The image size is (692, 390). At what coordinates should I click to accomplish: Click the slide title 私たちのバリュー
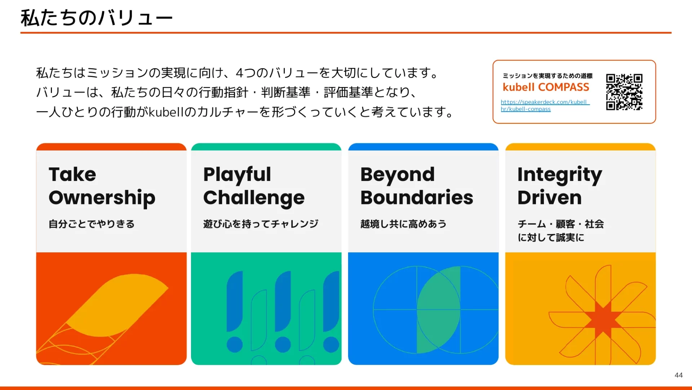tap(97, 18)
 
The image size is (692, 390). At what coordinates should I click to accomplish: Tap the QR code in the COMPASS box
tap(624, 92)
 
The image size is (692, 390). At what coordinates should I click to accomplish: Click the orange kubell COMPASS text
tap(546, 87)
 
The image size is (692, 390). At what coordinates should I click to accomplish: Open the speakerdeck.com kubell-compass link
tap(545, 105)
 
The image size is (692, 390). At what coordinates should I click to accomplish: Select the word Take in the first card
tap(72, 174)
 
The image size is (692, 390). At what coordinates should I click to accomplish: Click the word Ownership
tap(102, 198)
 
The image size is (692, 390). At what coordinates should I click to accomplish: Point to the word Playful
tap(237, 175)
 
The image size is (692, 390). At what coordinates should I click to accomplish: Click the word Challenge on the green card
tap(254, 198)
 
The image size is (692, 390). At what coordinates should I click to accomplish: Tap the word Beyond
tap(398, 175)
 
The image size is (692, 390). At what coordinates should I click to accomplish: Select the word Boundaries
tap(417, 198)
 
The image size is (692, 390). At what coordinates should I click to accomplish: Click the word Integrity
tap(560, 175)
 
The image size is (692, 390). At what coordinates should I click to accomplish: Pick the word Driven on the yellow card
tap(550, 198)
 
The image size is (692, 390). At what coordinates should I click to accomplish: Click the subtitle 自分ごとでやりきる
tap(92, 224)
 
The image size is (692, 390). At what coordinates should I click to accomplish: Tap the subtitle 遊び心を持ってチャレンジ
tap(261, 224)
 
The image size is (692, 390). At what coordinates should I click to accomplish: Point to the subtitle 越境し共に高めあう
tap(403, 224)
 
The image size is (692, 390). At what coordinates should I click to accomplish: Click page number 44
tap(678, 375)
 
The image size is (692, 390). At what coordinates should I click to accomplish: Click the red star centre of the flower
tap(603, 319)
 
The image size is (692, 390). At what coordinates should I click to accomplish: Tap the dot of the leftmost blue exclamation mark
tap(235, 344)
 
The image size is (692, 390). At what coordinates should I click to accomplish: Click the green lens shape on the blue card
tap(439, 309)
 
